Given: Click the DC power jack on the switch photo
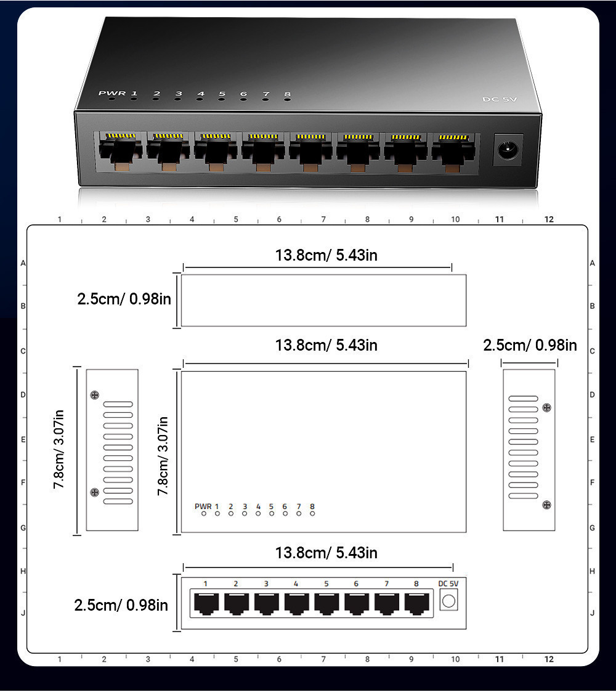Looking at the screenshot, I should (508, 150).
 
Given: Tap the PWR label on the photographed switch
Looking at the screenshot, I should (111, 93).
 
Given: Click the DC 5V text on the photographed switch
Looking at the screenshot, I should (498, 100).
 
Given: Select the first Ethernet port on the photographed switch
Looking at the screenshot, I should (119, 150).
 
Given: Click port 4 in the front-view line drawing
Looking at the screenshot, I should (296, 603).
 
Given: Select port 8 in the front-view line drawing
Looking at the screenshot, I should (416, 603).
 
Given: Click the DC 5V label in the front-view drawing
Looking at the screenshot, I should (448, 584).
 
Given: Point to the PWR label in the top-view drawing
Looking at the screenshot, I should (203, 507).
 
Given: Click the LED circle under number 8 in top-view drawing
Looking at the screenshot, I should (312, 514).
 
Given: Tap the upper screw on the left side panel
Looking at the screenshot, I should (94, 395).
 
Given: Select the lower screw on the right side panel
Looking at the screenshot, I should (546, 505).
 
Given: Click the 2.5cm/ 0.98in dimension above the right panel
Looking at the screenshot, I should (530, 345).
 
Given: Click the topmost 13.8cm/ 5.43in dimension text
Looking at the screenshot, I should (326, 255).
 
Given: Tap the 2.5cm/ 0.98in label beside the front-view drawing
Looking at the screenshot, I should (121, 605).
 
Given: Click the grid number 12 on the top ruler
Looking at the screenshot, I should (549, 219).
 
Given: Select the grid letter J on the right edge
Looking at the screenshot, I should (592, 613).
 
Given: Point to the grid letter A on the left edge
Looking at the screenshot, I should (23, 263).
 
